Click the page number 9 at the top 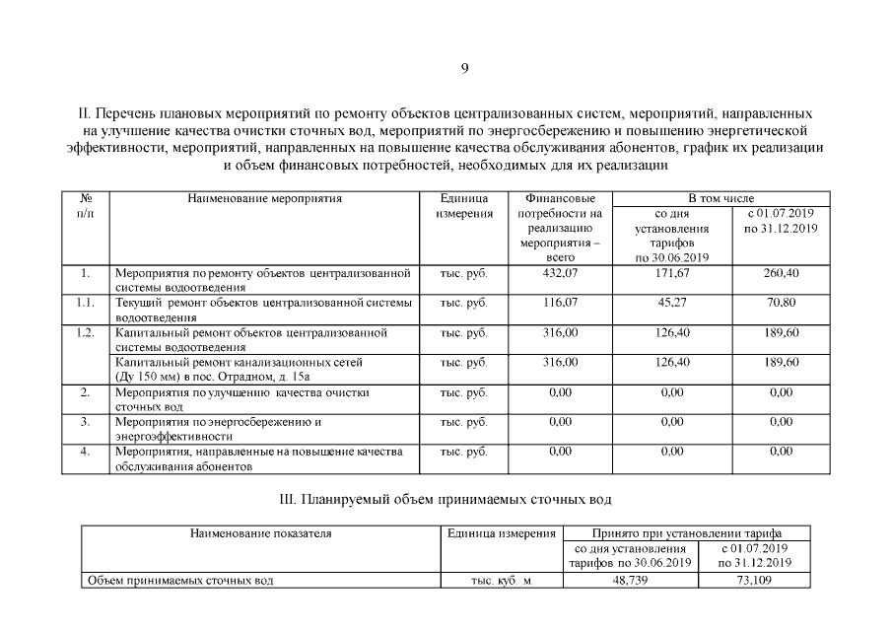(464, 68)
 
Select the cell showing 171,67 (671, 273)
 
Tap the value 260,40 (781, 273)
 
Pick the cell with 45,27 (671, 303)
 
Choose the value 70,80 (781, 303)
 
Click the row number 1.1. (86, 303)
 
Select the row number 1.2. (86, 332)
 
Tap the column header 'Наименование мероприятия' (265, 198)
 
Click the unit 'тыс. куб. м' (501, 581)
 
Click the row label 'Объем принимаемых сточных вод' (180, 581)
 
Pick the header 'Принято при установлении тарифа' (686, 533)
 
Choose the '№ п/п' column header (86, 205)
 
